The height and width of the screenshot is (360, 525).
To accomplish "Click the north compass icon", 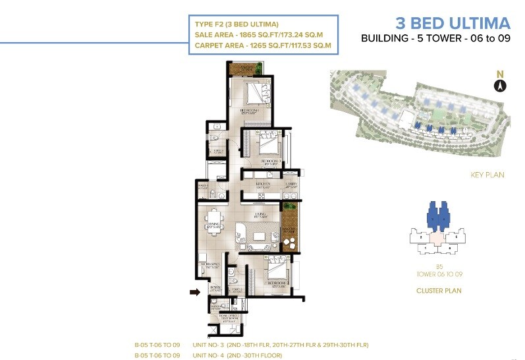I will [500, 85].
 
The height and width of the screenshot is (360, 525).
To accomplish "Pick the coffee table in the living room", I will [261, 236].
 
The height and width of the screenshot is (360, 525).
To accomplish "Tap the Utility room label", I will [292, 185].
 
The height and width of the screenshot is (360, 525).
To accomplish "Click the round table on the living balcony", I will [289, 243].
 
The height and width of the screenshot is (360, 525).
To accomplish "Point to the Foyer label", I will [215, 287].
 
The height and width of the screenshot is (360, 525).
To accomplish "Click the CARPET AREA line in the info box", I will [262, 46].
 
